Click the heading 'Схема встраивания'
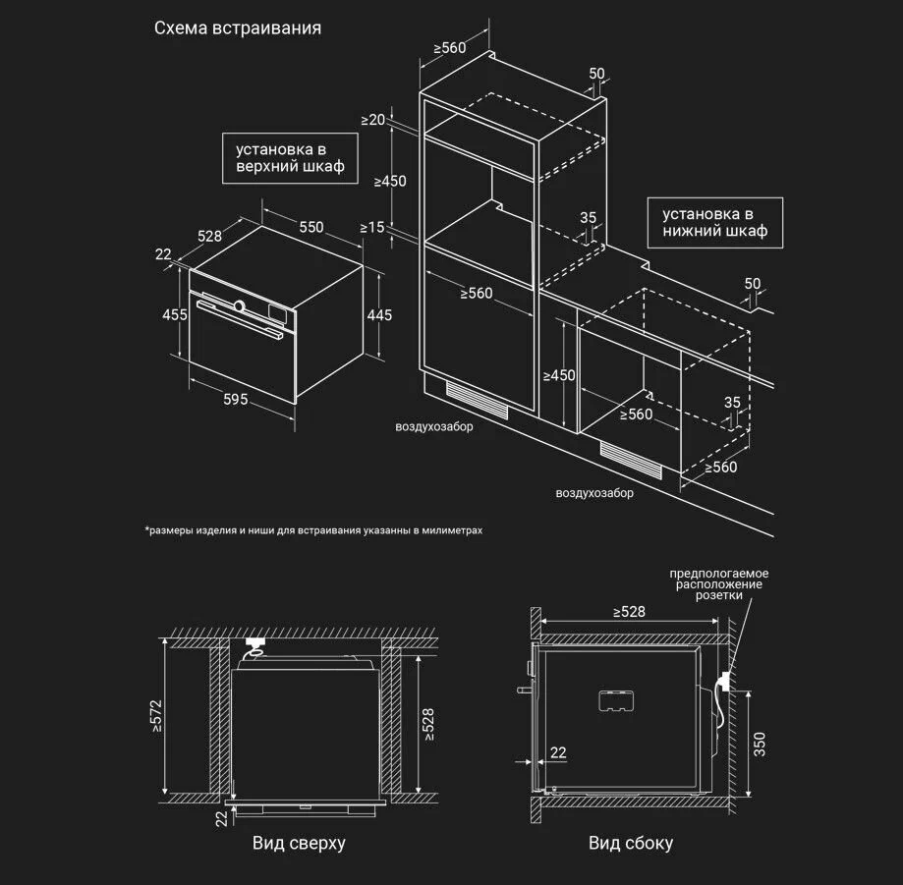coord(238,28)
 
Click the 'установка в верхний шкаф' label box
coord(290,158)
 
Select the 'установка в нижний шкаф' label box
coord(714,223)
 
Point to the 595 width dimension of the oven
coord(235,399)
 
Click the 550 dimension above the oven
coord(311,227)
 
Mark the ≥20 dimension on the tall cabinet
coord(373,120)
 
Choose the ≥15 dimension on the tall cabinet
coord(372,227)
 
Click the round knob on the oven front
coord(239,306)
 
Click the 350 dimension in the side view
coord(759,744)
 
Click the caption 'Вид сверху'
coord(299,843)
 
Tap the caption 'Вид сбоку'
coord(631,843)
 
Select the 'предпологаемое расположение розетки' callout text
coord(719,584)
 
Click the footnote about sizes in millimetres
coord(314,530)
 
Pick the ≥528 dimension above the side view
coord(629,612)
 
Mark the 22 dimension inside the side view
coord(558,752)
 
